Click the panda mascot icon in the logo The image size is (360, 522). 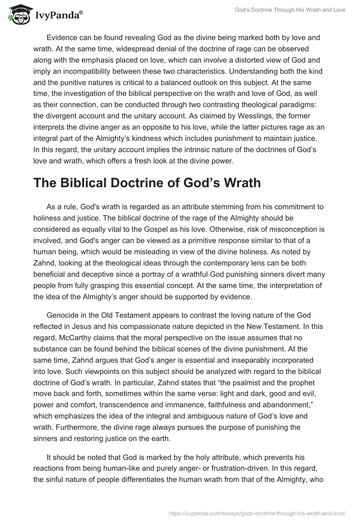point(17,14)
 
